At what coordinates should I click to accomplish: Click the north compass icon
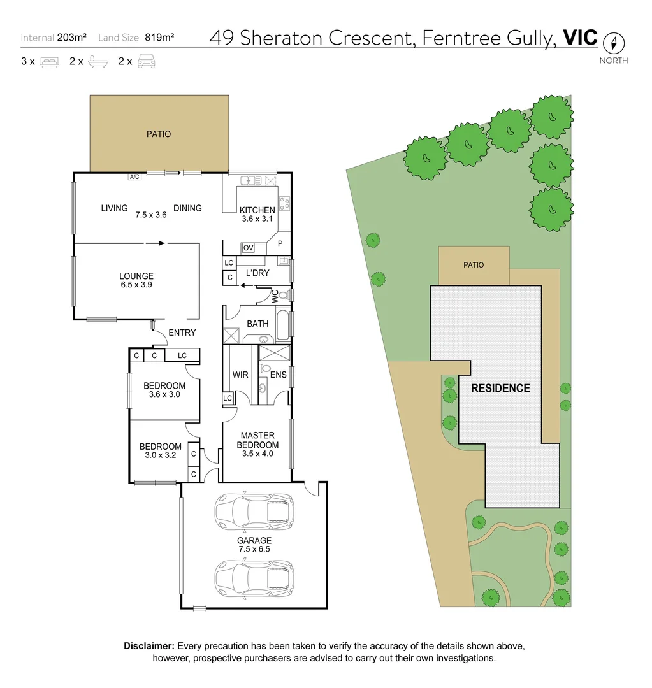point(614,43)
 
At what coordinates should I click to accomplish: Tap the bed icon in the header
point(49,62)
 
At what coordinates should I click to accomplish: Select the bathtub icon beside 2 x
point(98,62)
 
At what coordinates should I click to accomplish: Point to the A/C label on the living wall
point(134,177)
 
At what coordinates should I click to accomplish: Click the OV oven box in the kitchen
point(249,248)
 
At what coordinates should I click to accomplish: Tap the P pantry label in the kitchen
point(279,243)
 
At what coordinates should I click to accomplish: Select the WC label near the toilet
point(275,296)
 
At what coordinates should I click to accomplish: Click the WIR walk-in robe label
point(240,375)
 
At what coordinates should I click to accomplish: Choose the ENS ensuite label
point(278,375)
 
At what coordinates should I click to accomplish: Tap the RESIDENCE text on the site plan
point(500,388)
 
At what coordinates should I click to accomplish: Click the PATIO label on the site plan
point(474,265)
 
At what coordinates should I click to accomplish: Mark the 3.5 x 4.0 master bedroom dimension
point(257,454)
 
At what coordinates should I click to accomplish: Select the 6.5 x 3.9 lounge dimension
point(136,285)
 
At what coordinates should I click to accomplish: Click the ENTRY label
point(182,333)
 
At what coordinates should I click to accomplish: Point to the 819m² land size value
point(159,38)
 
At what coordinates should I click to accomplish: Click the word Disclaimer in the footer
point(149,646)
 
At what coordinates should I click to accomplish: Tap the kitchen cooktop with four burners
point(285,204)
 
